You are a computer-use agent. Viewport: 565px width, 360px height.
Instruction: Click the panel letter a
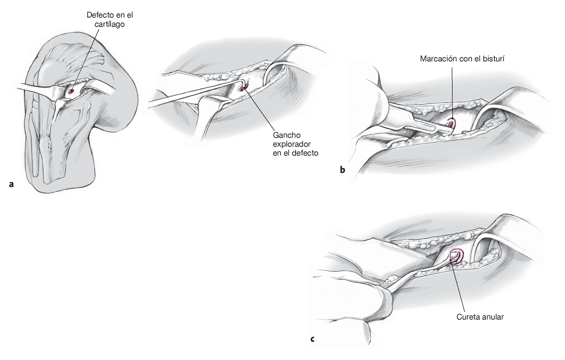[x=11, y=185]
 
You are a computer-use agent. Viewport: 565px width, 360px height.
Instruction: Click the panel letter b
[x=343, y=170]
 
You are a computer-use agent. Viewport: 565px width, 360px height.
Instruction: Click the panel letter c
[x=312, y=339]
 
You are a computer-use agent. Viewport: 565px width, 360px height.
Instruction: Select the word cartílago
[x=110, y=24]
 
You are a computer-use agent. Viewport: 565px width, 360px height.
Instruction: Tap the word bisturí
[x=494, y=59]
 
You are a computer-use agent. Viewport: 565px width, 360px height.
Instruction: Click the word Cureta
[x=468, y=317]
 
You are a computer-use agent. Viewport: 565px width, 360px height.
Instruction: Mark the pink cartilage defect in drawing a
[x=71, y=91]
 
